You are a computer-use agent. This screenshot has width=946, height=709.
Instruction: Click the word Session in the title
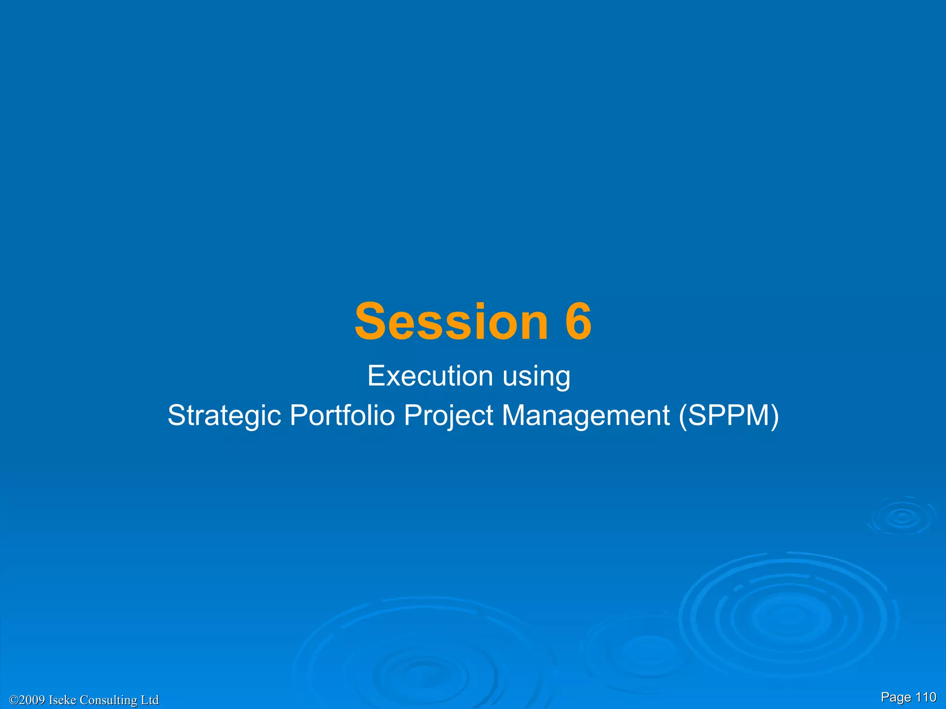pos(451,321)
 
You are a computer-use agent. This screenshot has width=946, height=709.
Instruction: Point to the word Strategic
pos(224,415)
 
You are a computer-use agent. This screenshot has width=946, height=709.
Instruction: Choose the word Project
pos(449,415)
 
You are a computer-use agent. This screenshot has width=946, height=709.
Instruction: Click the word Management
pos(585,415)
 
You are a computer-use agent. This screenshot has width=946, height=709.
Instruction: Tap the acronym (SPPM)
pos(729,415)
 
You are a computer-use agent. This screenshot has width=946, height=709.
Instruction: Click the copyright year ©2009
pos(27,700)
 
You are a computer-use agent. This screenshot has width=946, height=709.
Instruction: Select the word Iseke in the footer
pos(62,700)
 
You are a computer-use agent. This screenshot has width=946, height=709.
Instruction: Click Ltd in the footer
pos(150,700)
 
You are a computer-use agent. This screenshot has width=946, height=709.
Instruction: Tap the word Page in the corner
pos(896,697)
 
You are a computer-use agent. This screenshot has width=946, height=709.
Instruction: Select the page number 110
pos(926,697)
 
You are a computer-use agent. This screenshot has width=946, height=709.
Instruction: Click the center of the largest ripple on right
pos(788,618)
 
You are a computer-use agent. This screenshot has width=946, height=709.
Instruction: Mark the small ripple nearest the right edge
pos(901,517)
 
